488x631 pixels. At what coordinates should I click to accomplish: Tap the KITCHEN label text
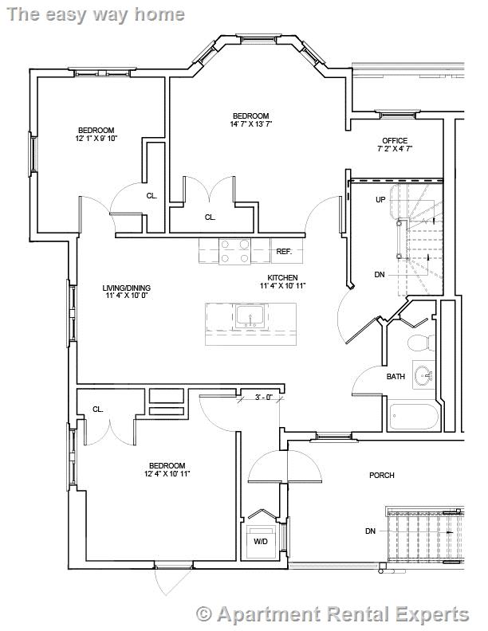(x=282, y=278)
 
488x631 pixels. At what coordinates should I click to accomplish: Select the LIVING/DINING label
(x=126, y=288)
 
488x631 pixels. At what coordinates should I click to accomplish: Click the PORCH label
(x=381, y=476)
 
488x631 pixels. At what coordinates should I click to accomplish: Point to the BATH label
(x=396, y=377)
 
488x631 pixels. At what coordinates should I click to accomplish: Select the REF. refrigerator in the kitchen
(x=284, y=251)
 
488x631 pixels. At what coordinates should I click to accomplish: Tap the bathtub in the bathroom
(x=414, y=417)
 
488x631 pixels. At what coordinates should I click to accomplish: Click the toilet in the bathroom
(x=419, y=343)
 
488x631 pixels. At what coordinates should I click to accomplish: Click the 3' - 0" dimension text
(x=264, y=397)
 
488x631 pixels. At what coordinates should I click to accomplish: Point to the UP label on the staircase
(x=380, y=199)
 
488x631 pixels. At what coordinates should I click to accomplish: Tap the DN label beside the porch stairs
(x=370, y=531)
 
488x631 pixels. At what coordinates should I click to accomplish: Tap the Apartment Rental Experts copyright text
(x=333, y=614)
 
